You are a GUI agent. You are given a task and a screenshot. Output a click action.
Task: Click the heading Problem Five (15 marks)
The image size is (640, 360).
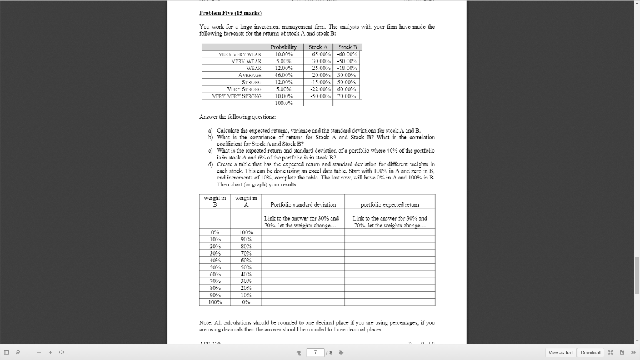pos(222,13)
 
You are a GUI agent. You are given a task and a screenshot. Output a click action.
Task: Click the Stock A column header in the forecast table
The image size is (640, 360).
pos(318,47)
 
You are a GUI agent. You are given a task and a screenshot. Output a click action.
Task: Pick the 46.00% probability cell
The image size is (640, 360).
pos(284,75)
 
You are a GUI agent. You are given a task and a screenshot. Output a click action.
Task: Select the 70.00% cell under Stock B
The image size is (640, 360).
pos(347,96)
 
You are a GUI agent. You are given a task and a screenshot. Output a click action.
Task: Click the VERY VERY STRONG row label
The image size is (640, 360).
pos(237,96)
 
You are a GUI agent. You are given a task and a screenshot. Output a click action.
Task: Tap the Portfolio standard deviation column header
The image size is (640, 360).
pos(303,204)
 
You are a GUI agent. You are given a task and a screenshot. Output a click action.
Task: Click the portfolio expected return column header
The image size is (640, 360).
pos(391,204)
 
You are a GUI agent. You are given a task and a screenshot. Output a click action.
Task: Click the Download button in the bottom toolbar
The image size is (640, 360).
pos(590,352)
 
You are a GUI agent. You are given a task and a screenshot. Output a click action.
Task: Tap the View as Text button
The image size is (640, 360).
pos(560,352)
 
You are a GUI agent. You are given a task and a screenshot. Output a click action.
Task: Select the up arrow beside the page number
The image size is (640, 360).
pos(299,352)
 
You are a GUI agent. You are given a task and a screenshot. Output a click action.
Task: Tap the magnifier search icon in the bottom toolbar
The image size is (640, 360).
pos(21,352)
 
